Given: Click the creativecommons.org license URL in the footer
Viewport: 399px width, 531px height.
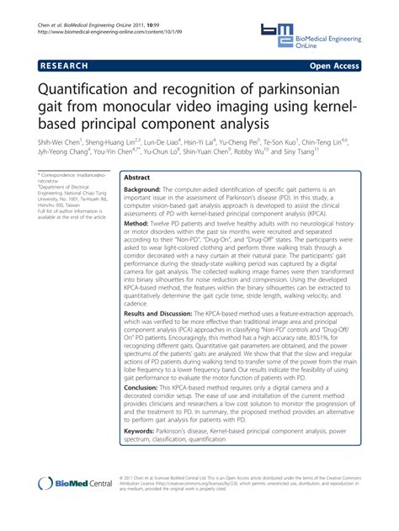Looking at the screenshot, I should (x=203, y=484).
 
